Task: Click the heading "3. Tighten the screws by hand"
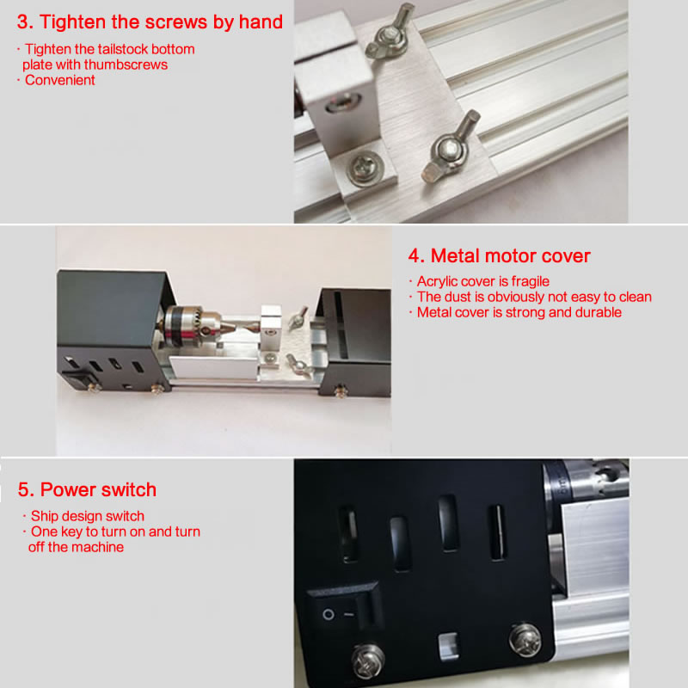[150, 22]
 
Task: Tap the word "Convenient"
[59, 80]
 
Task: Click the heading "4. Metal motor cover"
[499, 255]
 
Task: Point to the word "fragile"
[530, 281]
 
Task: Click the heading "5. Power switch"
[87, 489]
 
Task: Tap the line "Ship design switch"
[88, 516]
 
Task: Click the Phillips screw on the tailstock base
[365, 167]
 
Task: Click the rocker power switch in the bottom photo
[345, 608]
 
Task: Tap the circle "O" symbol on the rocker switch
[329, 614]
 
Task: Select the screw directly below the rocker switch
[368, 660]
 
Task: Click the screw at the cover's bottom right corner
[525, 639]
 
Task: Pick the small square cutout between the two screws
[448, 647]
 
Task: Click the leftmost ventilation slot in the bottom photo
[348, 534]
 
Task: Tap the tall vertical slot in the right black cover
[340, 325]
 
